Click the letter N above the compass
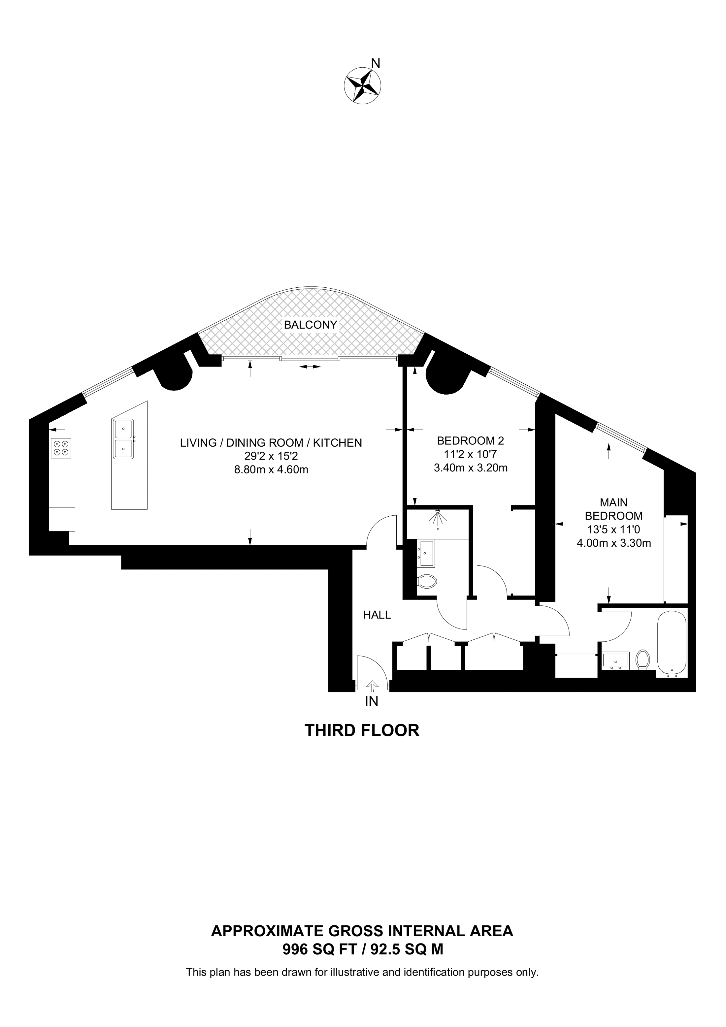[x=376, y=64]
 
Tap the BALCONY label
[x=311, y=325]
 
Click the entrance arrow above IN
[x=372, y=685]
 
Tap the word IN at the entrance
[x=372, y=701]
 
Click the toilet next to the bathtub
[x=643, y=659]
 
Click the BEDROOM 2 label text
[x=470, y=440]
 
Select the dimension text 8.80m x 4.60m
[x=271, y=470]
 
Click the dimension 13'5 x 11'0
[x=614, y=530]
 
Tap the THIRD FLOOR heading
[x=362, y=730]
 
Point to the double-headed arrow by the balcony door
[x=310, y=367]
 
